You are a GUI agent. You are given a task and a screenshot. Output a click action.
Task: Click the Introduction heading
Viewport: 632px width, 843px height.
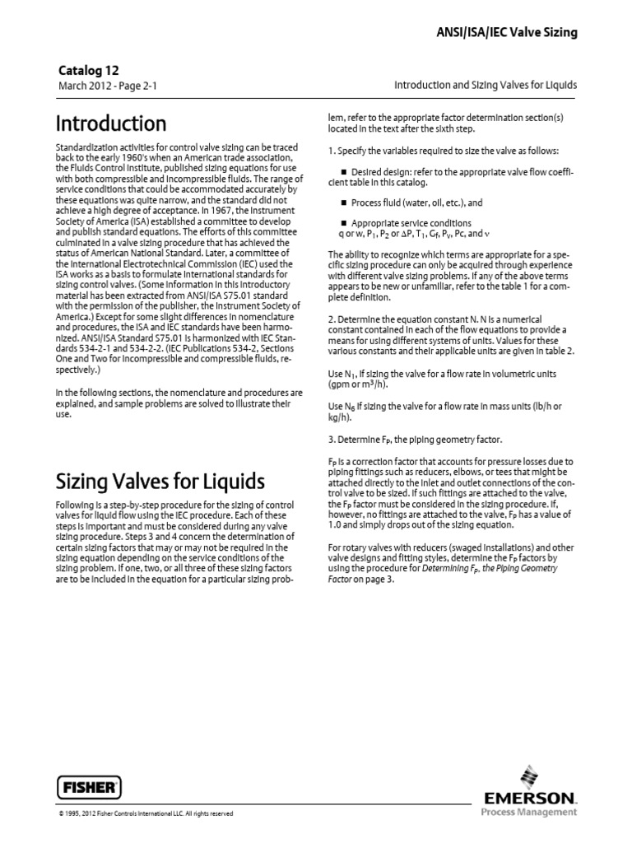coord(111,123)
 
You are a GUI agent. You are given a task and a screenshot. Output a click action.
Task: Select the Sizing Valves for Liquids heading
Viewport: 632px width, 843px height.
coord(160,480)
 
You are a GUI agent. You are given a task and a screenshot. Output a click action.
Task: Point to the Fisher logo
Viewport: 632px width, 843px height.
coord(89,786)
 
